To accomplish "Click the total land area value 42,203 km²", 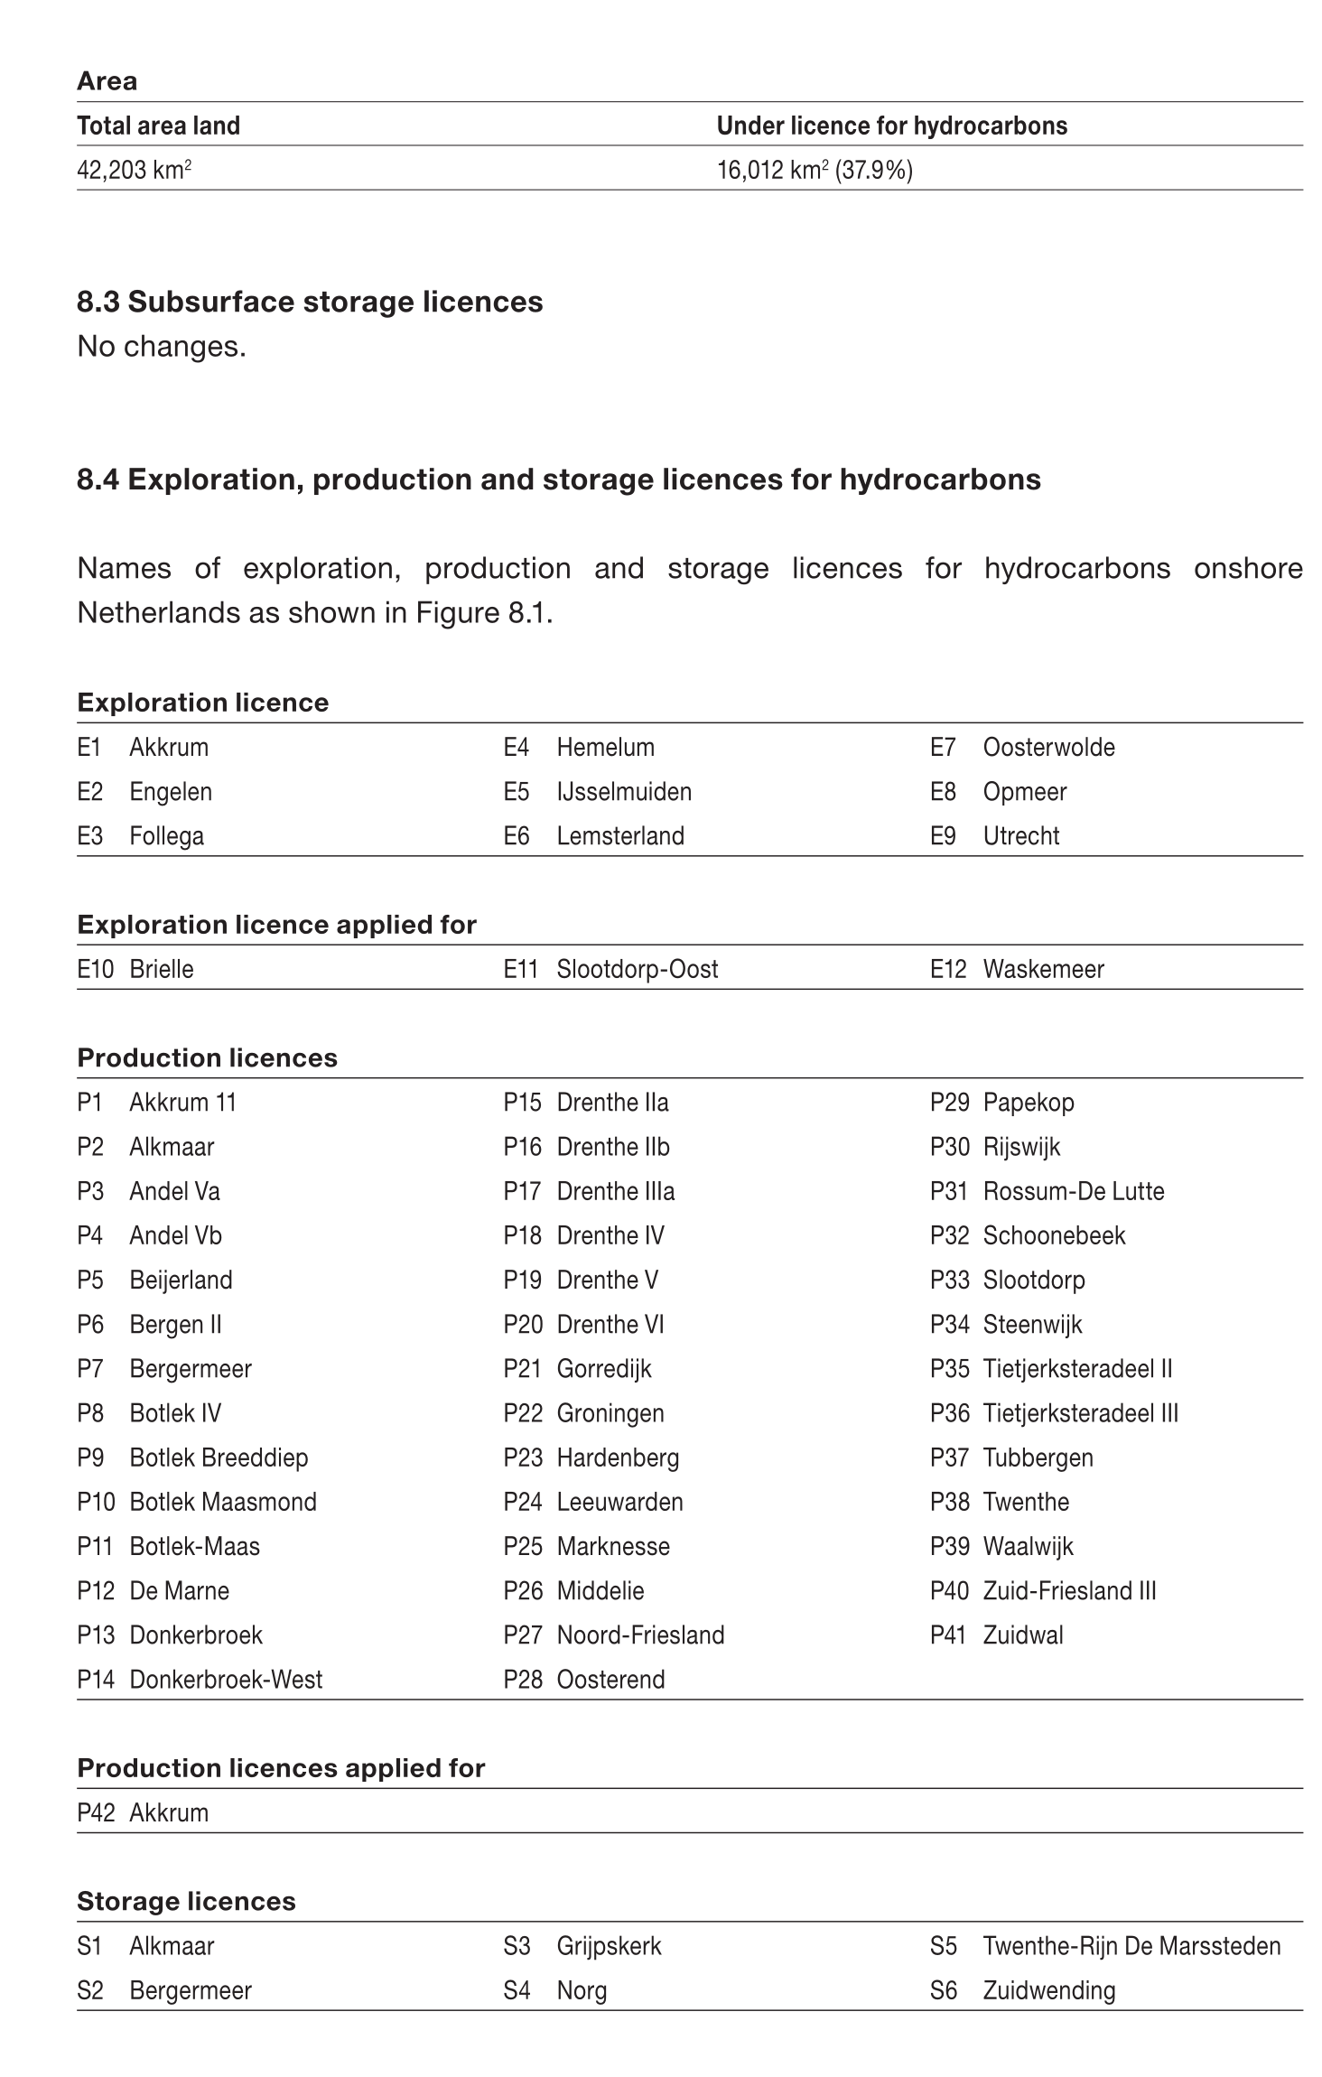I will [x=134, y=170].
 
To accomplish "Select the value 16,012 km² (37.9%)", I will [x=814, y=170].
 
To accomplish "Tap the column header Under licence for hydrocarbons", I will [x=891, y=126].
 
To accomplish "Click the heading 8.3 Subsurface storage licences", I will [x=310, y=302].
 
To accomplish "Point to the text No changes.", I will [x=162, y=346].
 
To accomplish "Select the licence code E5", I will [x=517, y=792].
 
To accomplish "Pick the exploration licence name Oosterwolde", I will [x=1048, y=748].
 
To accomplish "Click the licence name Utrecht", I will [x=1020, y=836].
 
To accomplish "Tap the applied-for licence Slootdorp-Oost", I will [x=637, y=970].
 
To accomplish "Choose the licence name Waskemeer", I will [x=1043, y=970].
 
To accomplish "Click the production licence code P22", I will [x=523, y=1413].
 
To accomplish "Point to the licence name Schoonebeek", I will [x=1054, y=1236].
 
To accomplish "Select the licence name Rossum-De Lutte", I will [x=1073, y=1192].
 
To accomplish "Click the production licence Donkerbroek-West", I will [x=226, y=1680].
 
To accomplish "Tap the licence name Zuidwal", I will [x=1022, y=1635].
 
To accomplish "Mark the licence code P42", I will [x=96, y=1813].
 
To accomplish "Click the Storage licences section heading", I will [x=186, y=1902].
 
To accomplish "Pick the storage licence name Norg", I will [x=582, y=1990].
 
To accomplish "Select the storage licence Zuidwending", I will [x=1048, y=1990].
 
